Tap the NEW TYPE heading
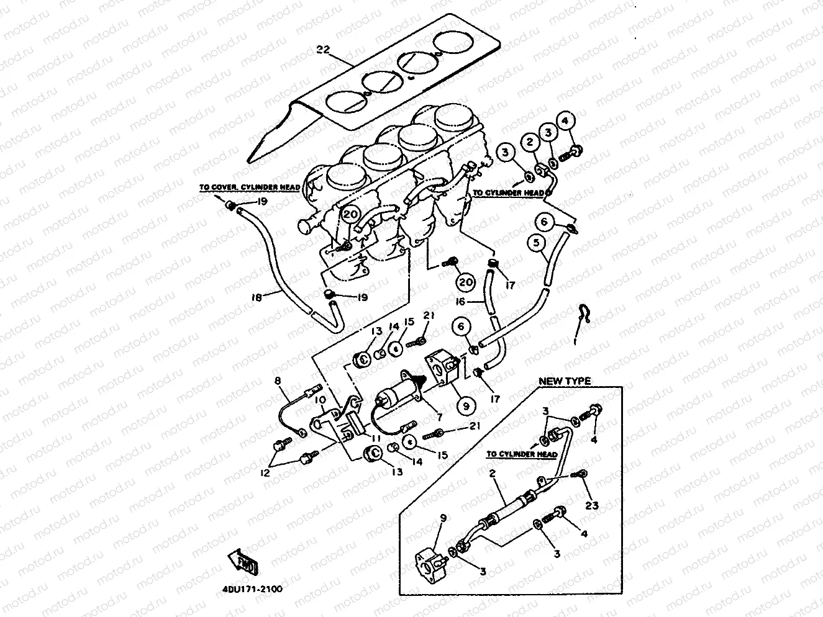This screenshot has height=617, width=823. click(x=564, y=381)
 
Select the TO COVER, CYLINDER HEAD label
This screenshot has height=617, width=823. click(x=249, y=187)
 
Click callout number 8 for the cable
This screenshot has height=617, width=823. click(x=278, y=381)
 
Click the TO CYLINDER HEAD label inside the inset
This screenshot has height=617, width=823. click(x=521, y=454)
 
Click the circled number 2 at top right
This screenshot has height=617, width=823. click(x=530, y=142)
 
